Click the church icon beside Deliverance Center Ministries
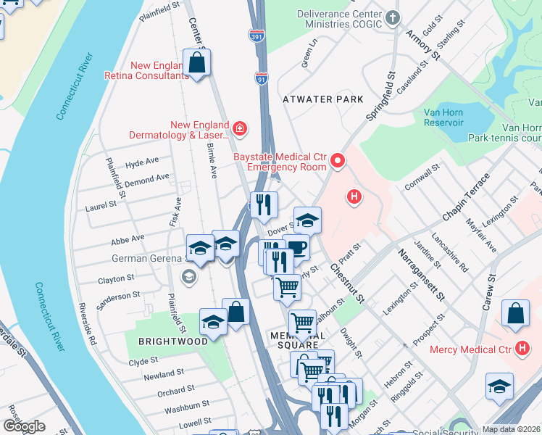pyautogui.click(x=393, y=17)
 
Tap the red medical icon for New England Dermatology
pyautogui.click(x=240, y=130)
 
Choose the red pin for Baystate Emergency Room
pyautogui.click(x=337, y=160)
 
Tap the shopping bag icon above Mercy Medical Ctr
pyautogui.click(x=514, y=313)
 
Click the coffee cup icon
pyautogui.click(x=296, y=248)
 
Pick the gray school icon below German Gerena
pyautogui.click(x=188, y=276)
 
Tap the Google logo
pyautogui.click(x=24, y=426)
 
